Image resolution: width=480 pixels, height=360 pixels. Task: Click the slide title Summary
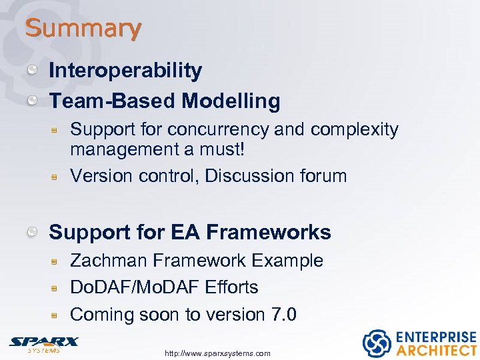83,29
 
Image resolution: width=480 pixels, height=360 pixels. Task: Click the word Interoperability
125,70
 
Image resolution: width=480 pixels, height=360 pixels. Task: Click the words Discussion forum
276,176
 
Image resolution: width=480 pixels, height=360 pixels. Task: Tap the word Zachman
109,261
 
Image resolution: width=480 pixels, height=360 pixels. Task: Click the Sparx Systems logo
43,343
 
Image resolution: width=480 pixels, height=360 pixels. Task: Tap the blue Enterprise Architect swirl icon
376,343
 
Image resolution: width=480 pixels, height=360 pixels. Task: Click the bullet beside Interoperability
32,70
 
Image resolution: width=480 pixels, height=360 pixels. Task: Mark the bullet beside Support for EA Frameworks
32,232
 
